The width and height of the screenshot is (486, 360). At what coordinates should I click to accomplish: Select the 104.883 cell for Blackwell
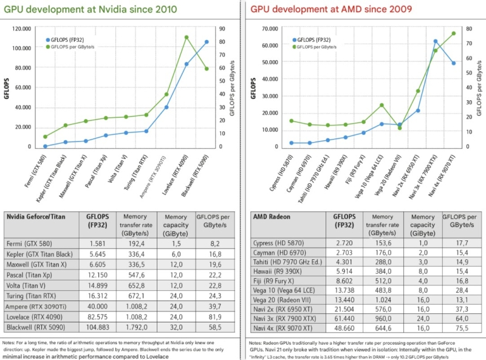pyautogui.click(x=98, y=327)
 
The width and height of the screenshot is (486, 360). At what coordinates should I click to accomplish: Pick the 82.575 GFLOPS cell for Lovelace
pyautogui.click(x=98, y=316)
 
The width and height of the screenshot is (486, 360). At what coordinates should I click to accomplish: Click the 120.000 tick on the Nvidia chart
pyautogui.click(x=21, y=29)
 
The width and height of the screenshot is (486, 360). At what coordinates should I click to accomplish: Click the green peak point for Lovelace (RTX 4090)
pyautogui.click(x=187, y=37)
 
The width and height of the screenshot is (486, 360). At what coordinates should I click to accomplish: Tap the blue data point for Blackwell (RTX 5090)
pyautogui.click(x=207, y=42)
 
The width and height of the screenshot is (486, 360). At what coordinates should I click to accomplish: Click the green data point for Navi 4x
pyautogui.click(x=453, y=33)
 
